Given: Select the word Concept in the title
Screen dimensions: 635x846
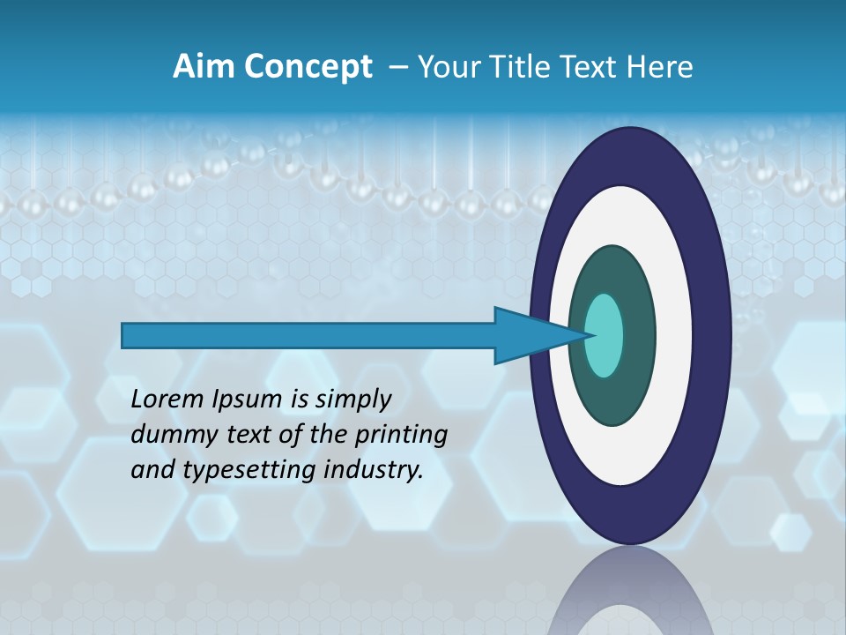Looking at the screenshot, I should coord(308,67).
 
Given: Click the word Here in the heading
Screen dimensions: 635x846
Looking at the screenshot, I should coord(659,67).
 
